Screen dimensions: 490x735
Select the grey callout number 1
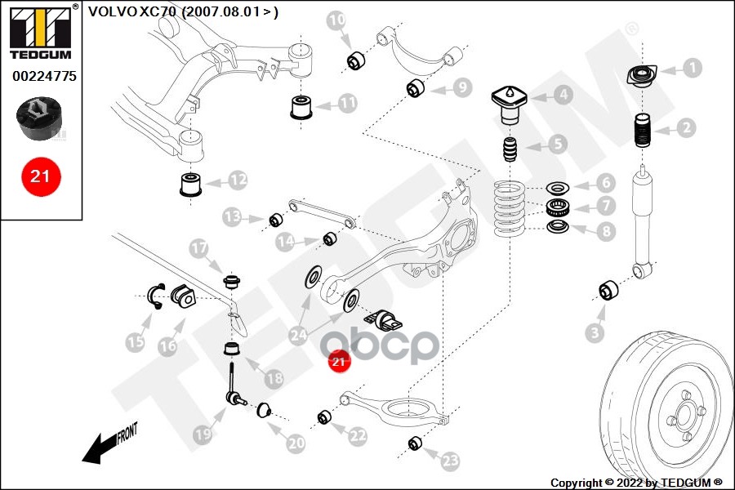[691, 69]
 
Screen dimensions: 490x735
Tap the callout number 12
[238, 178]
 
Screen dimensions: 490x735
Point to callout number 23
[450, 461]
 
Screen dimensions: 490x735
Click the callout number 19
[203, 437]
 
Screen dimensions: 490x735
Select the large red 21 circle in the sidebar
[40, 175]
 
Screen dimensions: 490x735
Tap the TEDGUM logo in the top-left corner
[39, 33]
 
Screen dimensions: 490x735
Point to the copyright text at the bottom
[636, 483]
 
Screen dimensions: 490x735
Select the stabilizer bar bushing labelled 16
[185, 298]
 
